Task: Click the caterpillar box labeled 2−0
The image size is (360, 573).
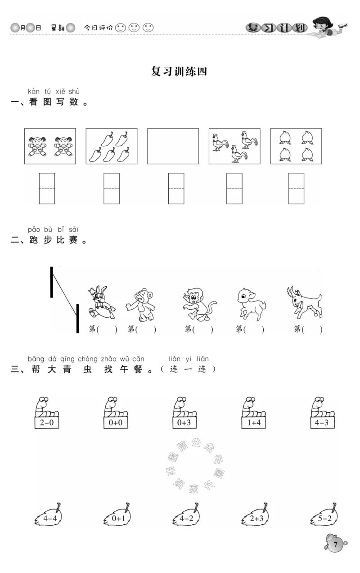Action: click(x=47, y=422)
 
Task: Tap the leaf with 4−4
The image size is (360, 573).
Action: click(x=49, y=514)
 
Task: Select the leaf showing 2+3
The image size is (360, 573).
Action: click(x=255, y=514)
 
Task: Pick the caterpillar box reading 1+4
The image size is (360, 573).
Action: click(x=254, y=422)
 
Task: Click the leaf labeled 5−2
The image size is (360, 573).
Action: click(x=324, y=514)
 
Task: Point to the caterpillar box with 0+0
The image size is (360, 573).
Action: click(x=116, y=422)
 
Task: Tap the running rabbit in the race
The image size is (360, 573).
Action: click(x=102, y=302)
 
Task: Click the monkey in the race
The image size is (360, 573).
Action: click(x=199, y=304)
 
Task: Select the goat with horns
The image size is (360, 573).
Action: click(x=304, y=302)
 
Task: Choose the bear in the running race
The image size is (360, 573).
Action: click(x=140, y=305)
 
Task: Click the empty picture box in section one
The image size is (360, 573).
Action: click(x=173, y=146)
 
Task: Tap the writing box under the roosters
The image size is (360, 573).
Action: click(x=234, y=189)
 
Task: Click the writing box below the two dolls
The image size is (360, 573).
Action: click(x=47, y=189)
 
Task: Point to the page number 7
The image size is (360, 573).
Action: click(x=335, y=544)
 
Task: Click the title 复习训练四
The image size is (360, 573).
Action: click(x=179, y=72)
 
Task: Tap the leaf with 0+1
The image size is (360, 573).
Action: click(x=117, y=514)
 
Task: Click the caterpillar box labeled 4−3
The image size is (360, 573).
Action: click(x=322, y=422)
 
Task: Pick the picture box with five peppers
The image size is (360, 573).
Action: click(x=112, y=146)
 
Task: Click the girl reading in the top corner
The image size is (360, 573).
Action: click(x=327, y=27)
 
